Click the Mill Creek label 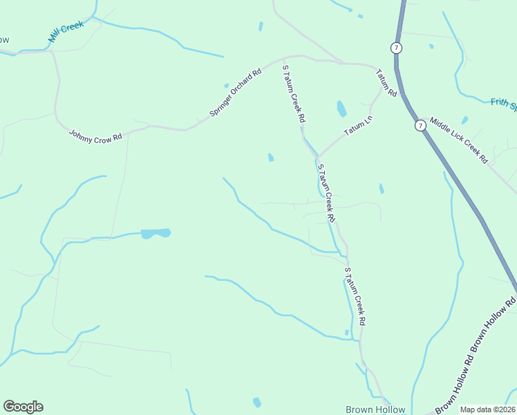pos(66,32)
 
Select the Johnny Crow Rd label pos(95,134)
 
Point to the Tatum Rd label pos(386,82)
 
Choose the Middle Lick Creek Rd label pos(459,140)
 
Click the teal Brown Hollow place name pos(375,409)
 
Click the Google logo pos(23,407)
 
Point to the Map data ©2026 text pos(487,409)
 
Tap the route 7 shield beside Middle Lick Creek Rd pos(420,125)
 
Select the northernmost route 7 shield pos(395,48)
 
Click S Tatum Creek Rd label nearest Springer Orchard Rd pos(293,94)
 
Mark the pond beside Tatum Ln pos(341,109)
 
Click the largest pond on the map pos(156,233)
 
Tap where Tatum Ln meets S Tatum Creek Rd pos(317,156)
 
